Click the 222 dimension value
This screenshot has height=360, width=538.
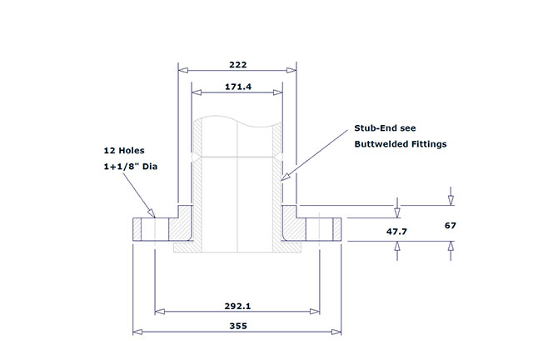point(238,64)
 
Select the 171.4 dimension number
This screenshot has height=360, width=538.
point(238,87)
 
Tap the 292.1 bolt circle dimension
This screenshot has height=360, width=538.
point(238,306)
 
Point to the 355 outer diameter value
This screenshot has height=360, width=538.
point(238,327)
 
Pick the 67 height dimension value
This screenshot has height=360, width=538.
point(451,225)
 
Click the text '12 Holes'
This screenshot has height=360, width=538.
point(124,151)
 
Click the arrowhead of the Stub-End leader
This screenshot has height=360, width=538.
point(284,177)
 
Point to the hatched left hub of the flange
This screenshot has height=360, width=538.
point(186,225)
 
